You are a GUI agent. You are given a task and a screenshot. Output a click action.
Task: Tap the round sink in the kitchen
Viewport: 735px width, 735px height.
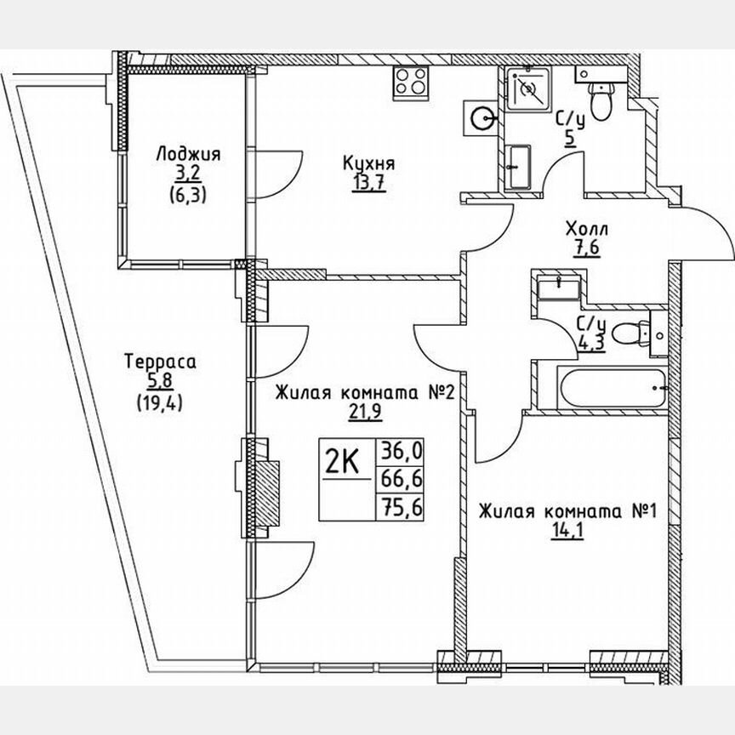pyautogui.click(x=481, y=117)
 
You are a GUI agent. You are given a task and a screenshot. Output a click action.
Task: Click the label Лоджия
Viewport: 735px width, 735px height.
pyautogui.click(x=188, y=154)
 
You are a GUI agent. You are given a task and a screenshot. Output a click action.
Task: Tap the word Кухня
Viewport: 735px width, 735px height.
pyautogui.click(x=368, y=163)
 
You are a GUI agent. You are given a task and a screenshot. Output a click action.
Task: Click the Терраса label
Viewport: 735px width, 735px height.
pyautogui.click(x=160, y=362)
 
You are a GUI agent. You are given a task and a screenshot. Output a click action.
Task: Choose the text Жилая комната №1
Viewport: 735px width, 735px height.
pyautogui.click(x=567, y=511)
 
